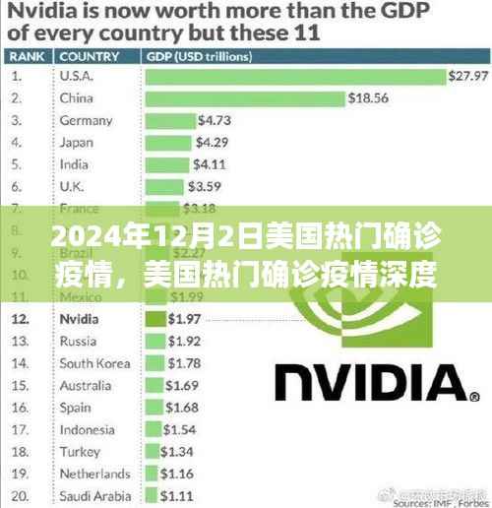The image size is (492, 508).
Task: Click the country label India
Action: pyautogui.click(x=75, y=163)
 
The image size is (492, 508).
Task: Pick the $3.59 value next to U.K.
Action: pyautogui.click(x=205, y=185)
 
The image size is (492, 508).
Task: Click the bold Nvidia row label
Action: pyautogui.click(x=80, y=319)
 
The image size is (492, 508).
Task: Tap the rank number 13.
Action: pyautogui.click(x=20, y=342)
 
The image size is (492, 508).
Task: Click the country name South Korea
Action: pyautogui.click(x=95, y=363)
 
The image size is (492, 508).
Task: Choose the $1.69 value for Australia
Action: pyautogui.click(x=182, y=385)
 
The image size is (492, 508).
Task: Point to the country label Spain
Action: pyautogui.click(x=77, y=407)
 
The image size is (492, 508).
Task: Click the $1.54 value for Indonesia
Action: pyautogui.click(x=180, y=429)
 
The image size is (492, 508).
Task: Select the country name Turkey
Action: pyautogui.click(x=80, y=451)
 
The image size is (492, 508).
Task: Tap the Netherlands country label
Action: pyautogui.click(x=94, y=473)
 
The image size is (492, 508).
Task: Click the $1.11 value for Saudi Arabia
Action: pyautogui.click(x=176, y=495)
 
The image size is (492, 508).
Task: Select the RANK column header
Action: pyautogui.click(x=27, y=55)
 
